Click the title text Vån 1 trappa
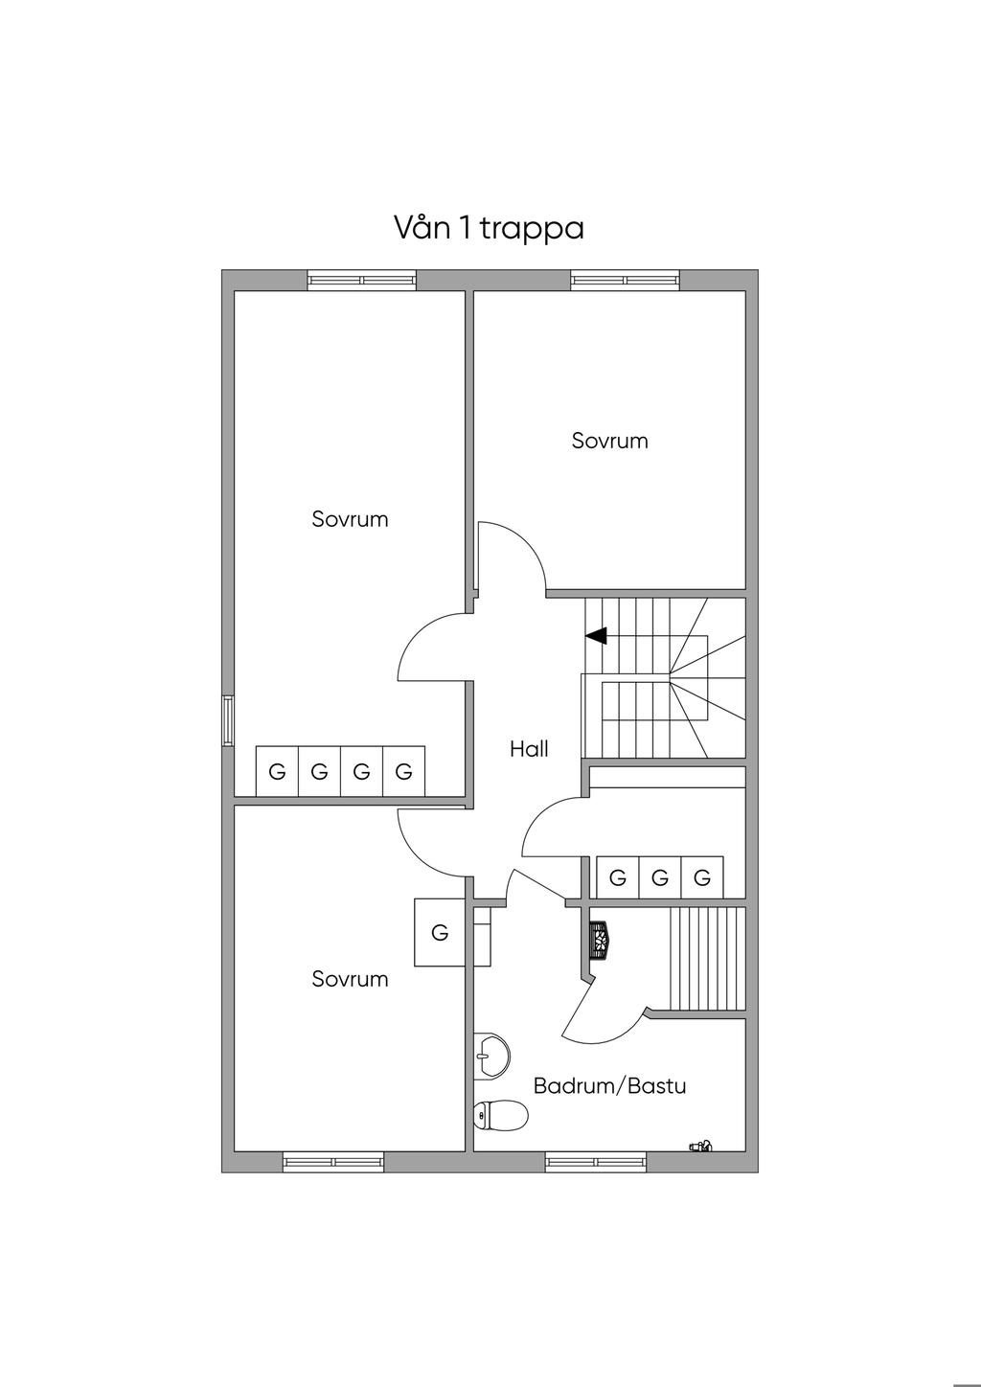tap(489, 228)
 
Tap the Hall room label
tap(529, 749)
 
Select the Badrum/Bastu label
tap(609, 1086)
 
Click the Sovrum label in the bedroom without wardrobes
tap(609, 441)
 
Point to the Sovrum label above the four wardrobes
tap(350, 519)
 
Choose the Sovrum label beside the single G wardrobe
tap(350, 979)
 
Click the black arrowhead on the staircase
tap(597, 635)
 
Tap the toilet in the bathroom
tap(501, 1115)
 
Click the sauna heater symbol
tap(599, 940)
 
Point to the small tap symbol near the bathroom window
tap(701, 1145)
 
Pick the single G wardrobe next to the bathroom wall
tap(440, 932)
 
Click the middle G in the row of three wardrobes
tap(659, 877)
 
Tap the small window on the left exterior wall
tap(228, 720)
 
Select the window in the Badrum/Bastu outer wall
tap(596, 1162)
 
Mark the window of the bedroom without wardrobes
tap(625, 281)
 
